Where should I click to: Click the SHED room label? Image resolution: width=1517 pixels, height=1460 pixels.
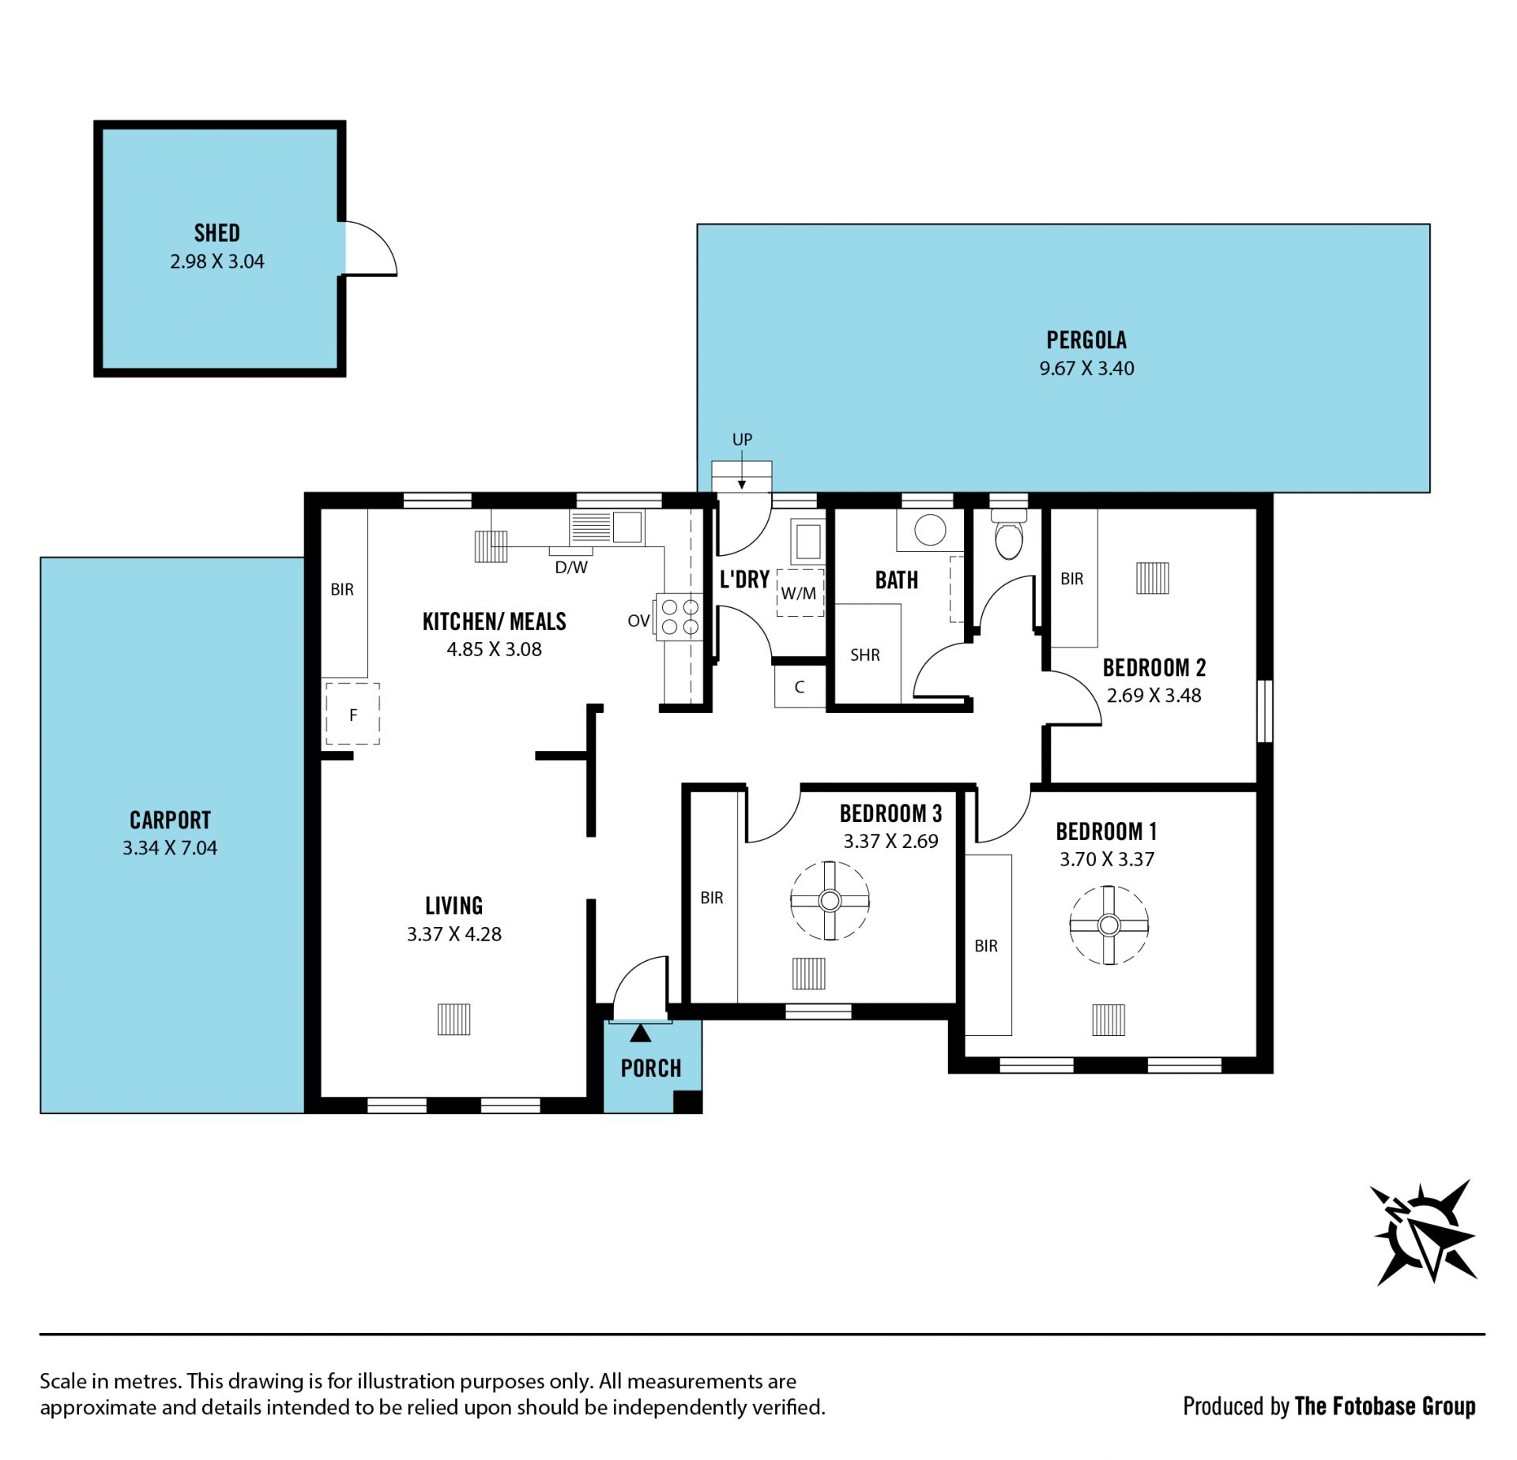point(216,233)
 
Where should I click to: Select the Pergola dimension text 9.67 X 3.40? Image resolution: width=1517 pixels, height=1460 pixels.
point(1086,368)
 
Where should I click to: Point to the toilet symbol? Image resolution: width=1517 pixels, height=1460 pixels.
point(1009,533)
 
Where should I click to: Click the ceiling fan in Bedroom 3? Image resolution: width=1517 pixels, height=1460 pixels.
point(830,900)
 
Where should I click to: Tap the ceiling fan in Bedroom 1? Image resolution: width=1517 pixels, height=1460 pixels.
point(1109,925)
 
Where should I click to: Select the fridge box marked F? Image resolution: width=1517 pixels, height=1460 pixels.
point(353,714)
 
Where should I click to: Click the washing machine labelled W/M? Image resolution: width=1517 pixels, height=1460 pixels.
point(800,592)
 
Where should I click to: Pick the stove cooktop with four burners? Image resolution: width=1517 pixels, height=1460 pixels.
point(679,617)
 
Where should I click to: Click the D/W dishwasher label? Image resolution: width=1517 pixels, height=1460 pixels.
point(571,567)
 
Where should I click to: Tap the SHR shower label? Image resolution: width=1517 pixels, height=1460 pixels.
point(865,655)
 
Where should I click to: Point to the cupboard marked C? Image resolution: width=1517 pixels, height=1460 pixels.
point(800,687)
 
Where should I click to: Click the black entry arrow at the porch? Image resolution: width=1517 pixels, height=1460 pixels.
point(641,1033)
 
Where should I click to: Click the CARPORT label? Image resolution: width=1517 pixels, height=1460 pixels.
point(170,820)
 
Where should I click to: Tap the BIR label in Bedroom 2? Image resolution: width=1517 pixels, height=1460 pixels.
point(1072,579)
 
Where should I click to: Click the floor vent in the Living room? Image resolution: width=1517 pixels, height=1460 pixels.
point(454,1019)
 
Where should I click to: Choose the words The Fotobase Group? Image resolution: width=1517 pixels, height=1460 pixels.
point(1384,1406)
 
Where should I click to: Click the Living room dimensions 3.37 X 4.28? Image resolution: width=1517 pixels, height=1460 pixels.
point(454,934)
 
